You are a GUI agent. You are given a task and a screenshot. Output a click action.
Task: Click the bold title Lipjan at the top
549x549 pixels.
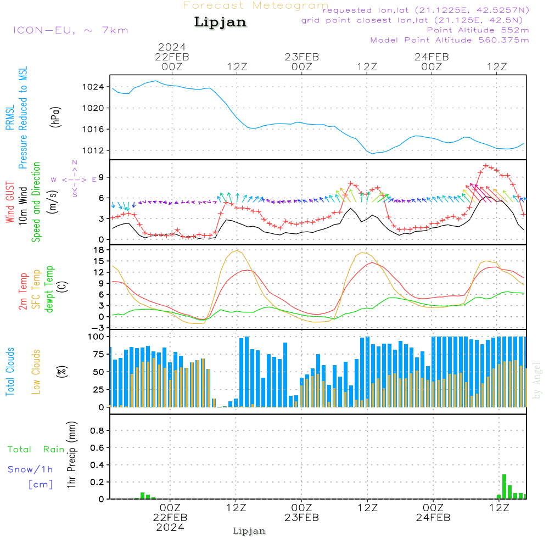point(220,22)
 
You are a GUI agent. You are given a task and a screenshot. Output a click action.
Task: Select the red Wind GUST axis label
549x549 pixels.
point(10,203)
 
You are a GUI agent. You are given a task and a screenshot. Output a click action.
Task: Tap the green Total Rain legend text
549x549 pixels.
point(36,450)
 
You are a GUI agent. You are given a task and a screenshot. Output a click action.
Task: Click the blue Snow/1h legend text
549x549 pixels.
point(31,469)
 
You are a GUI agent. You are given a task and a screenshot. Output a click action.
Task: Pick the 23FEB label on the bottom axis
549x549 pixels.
point(301,518)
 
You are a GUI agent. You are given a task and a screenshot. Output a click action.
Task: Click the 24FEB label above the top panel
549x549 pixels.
point(432,57)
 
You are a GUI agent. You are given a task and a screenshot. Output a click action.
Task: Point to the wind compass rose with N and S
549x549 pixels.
point(74,179)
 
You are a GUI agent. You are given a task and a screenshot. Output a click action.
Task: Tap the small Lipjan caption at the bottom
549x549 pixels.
point(249,531)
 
